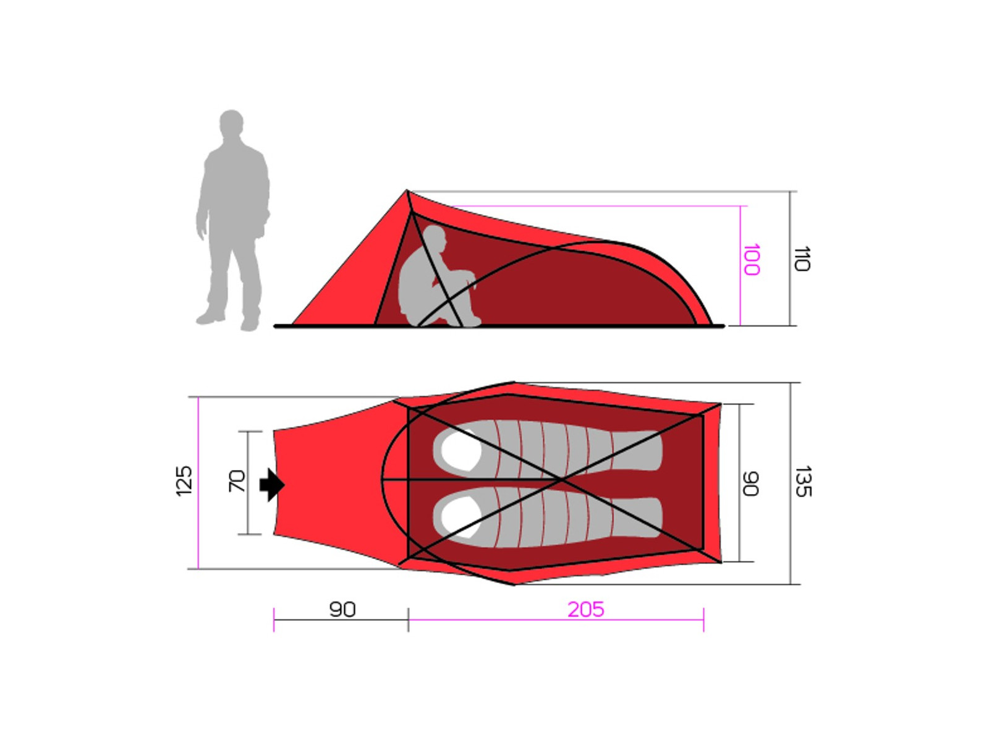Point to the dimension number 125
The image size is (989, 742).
click(x=184, y=481)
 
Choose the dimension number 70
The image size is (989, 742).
click(x=237, y=480)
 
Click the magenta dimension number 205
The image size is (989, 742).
click(x=585, y=610)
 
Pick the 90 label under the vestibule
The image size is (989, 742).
click(x=342, y=610)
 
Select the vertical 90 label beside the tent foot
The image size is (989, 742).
click(x=750, y=484)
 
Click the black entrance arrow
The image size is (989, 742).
click(x=272, y=485)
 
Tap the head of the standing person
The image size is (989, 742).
click(x=231, y=122)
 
